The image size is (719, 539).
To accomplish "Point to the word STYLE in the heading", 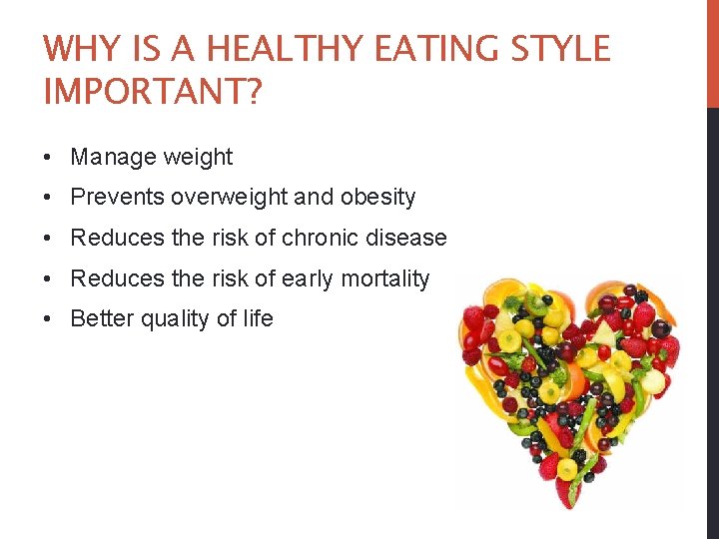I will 563,49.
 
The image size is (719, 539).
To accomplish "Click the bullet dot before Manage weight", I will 49,158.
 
